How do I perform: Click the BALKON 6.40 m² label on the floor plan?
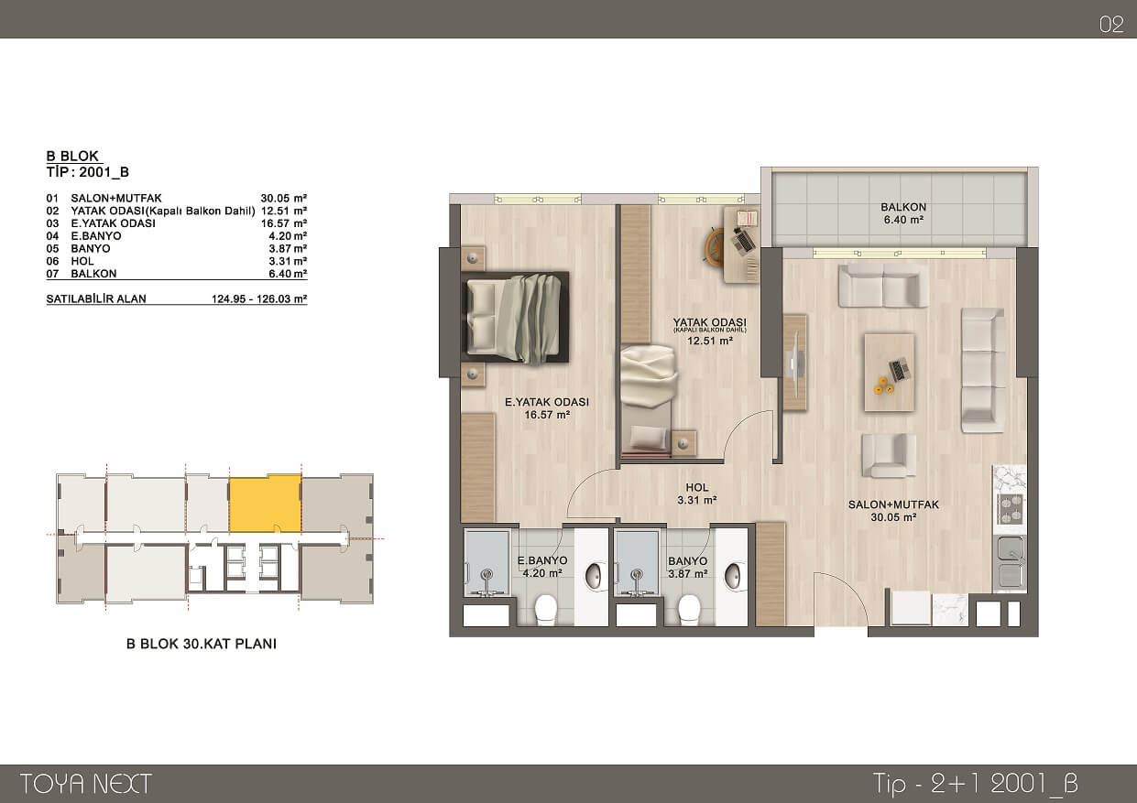(903, 213)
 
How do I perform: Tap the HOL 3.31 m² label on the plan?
(696, 494)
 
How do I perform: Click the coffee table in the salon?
(890, 373)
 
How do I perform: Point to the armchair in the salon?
(889, 456)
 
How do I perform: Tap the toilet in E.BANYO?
(546, 609)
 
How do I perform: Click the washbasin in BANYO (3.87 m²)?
(733, 576)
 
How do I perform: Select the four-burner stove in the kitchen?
(1010, 509)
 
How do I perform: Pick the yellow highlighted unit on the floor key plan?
(265, 504)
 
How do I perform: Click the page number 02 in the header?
(1111, 25)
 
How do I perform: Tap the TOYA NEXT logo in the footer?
(86, 784)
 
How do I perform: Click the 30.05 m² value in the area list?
(284, 198)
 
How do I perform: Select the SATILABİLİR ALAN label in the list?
(96, 298)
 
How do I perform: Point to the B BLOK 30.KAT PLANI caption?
(202, 644)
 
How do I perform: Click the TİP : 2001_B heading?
(88, 172)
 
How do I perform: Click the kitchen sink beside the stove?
(1010, 563)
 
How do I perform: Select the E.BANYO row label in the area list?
(96, 236)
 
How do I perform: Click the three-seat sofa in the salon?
(983, 371)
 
